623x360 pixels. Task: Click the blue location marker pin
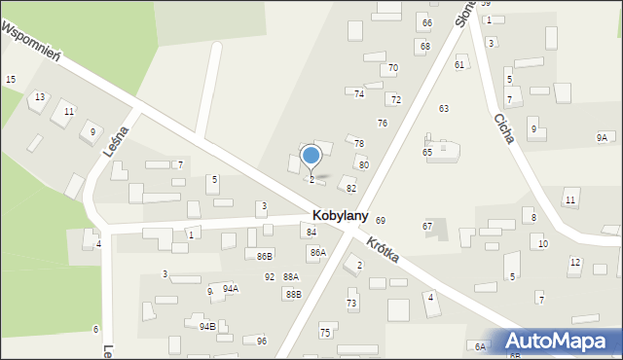(x=311, y=156)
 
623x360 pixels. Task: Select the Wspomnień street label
(x=31, y=42)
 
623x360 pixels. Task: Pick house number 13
(x=39, y=97)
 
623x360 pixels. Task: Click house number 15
(x=10, y=79)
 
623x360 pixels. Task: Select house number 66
(x=425, y=22)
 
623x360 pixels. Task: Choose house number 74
(x=359, y=93)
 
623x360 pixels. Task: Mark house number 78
(x=358, y=144)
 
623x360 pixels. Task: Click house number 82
(x=350, y=188)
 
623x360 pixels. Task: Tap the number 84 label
(x=311, y=233)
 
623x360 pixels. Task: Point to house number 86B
(x=265, y=255)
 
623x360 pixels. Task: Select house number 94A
(x=231, y=288)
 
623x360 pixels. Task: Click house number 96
(x=262, y=341)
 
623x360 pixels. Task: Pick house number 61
(x=458, y=64)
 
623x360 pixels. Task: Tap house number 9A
(x=602, y=138)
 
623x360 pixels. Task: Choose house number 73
(x=351, y=304)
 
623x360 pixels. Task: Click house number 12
(x=575, y=263)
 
